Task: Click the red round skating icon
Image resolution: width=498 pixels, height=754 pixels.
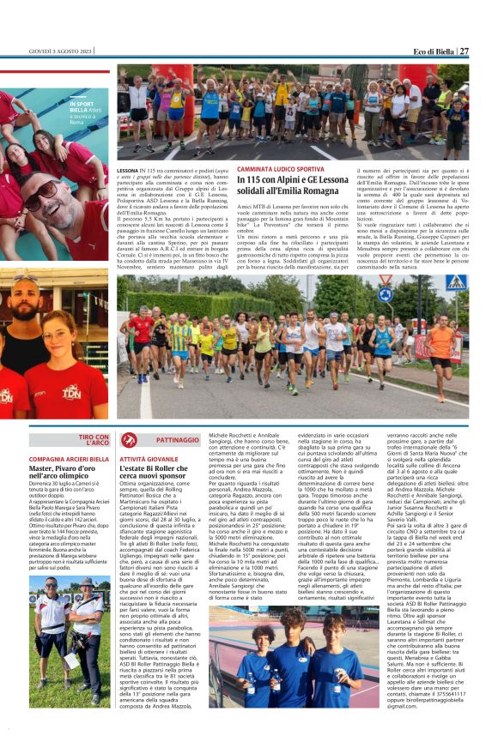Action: point(129,440)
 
